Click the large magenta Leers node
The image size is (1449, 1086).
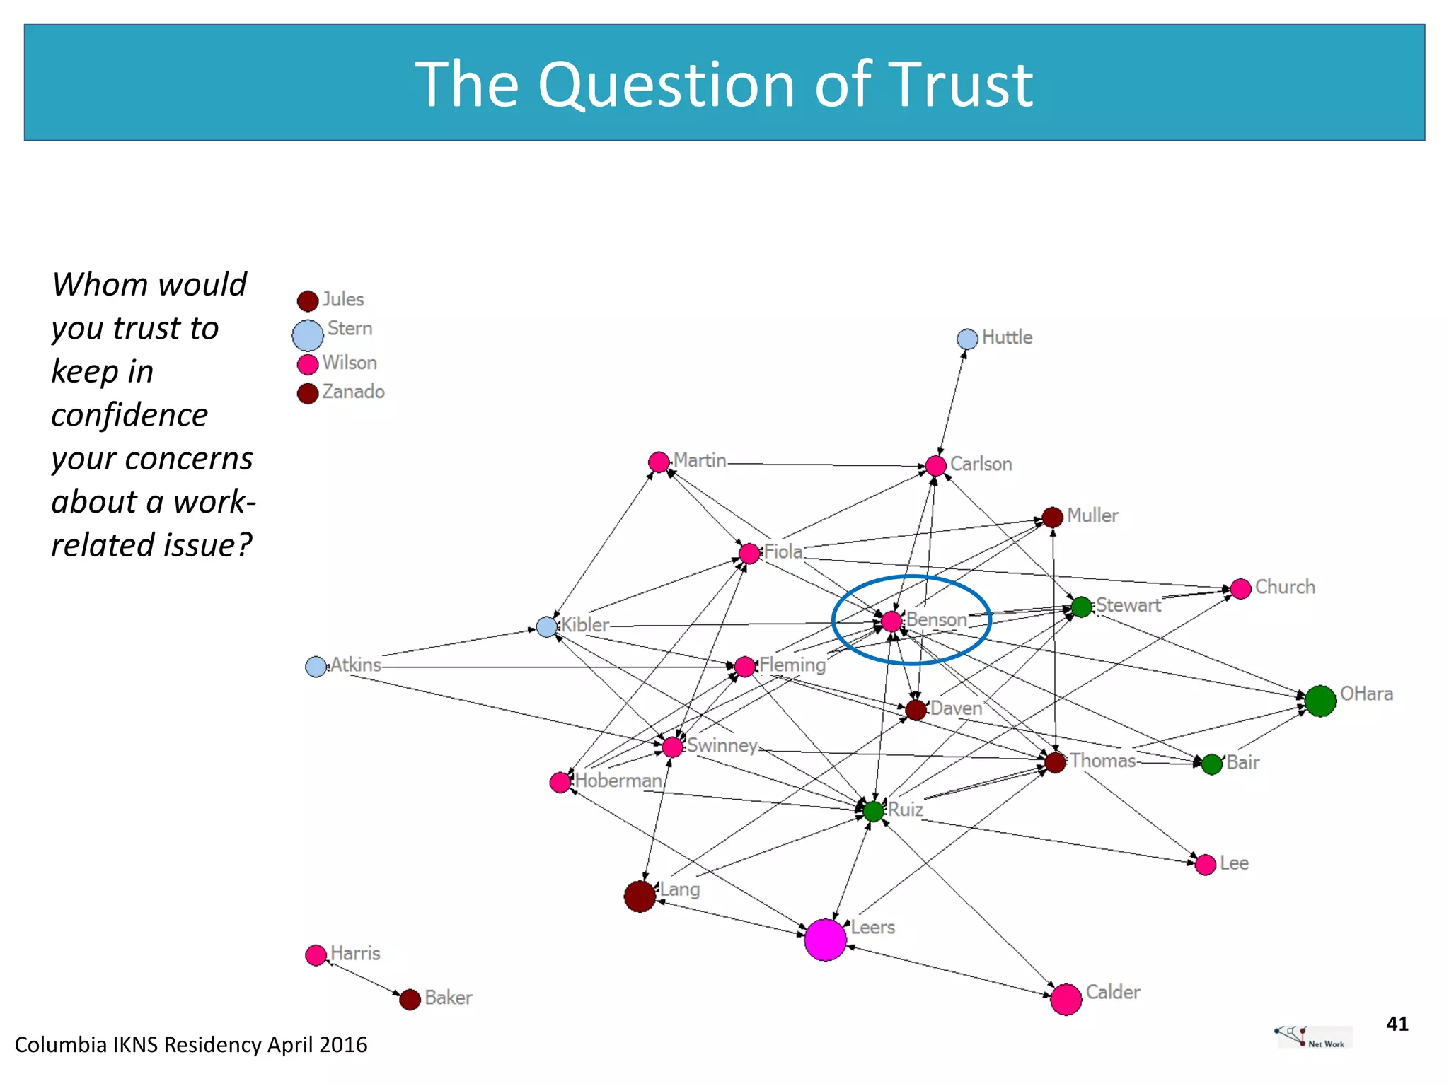pos(825,940)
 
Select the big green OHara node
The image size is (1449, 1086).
pos(1320,701)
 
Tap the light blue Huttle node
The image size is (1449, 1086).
pos(967,339)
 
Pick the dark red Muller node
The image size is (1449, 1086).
pos(1052,518)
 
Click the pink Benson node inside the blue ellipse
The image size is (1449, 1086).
pos(891,621)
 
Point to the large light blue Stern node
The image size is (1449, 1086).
pos(308,335)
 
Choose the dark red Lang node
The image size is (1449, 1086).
pos(640,897)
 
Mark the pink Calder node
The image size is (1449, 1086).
pos(1066,1000)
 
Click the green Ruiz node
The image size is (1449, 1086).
pos(874,811)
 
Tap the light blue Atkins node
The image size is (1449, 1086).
pos(316,667)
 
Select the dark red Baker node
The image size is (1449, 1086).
pos(410,1000)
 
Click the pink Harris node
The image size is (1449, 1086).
pos(316,955)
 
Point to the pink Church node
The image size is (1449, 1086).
pos(1240,589)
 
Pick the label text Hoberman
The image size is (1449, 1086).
pos(618,781)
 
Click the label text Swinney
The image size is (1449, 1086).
pos(722,745)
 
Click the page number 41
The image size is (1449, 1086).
pos(1397,1024)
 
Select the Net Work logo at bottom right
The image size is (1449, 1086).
pos(1314,1037)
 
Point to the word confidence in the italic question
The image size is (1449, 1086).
pos(129,415)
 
